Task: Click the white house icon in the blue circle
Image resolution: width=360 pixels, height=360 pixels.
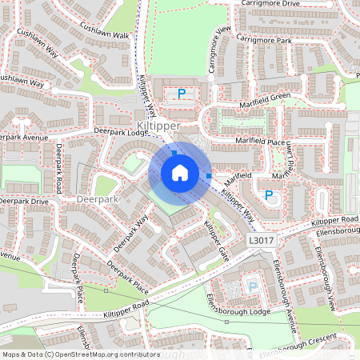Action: point(180,172)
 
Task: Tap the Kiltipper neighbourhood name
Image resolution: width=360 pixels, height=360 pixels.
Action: point(158,126)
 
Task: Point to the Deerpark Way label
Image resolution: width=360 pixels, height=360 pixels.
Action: point(132,234)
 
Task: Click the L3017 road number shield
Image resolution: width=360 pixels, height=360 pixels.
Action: point(260,240)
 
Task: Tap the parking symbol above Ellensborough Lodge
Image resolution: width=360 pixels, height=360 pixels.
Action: point(253,286)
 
